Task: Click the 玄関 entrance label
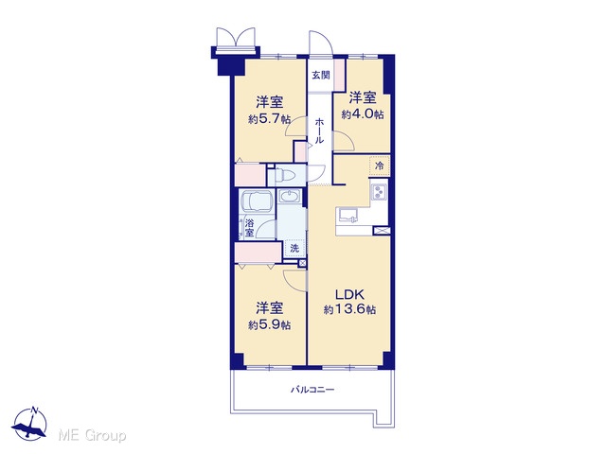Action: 321,76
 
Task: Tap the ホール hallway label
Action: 319,131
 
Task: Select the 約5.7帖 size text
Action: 269,119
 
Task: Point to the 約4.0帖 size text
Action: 363,114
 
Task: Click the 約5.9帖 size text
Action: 269,325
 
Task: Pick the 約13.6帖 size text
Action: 349,309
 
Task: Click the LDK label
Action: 349,295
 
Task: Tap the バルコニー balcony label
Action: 312,390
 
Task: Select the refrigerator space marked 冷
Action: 380,166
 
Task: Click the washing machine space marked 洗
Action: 294,248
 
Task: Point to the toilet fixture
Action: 281,176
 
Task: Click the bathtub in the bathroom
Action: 257,201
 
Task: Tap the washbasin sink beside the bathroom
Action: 289,197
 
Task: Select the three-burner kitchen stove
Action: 379,192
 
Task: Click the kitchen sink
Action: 348,216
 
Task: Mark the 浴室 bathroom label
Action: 250,228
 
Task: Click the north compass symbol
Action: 29,424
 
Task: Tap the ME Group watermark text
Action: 92,435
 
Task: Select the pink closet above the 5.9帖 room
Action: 258,253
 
